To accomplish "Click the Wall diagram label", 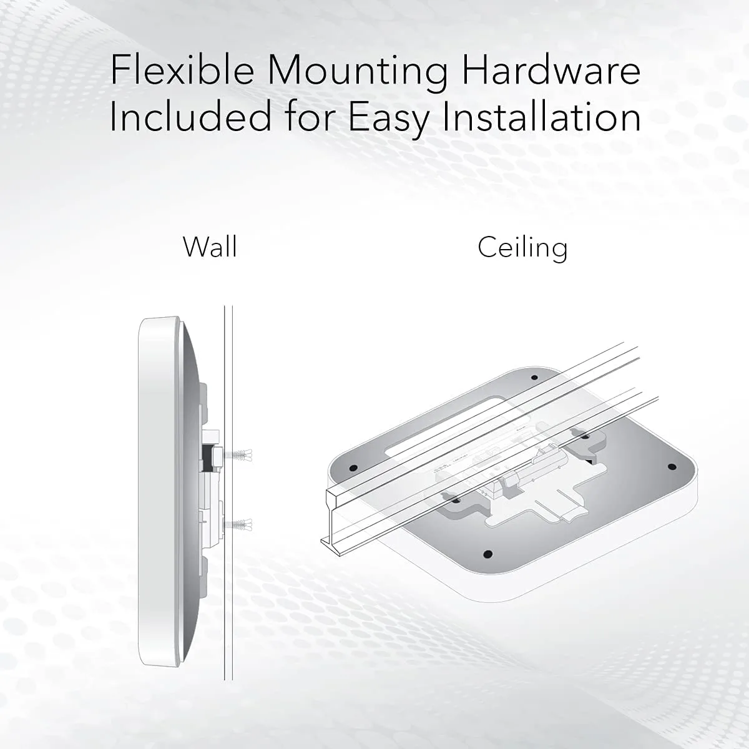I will (x=210, y=247).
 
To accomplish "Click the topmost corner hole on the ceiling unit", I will (x=534, y=378).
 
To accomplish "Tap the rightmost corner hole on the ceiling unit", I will (x=672, y=467).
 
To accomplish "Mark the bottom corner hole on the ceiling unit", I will (x=488, y=554).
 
